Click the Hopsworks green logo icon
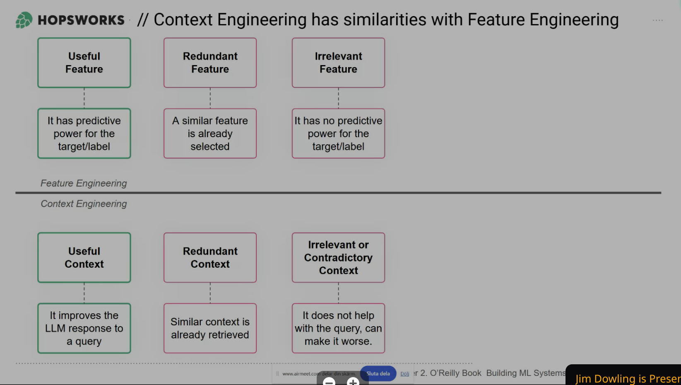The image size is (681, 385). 24,20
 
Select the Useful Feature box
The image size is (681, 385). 84,63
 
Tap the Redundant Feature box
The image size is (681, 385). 210,63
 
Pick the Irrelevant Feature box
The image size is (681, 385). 338,63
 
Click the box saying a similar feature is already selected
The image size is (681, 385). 210,133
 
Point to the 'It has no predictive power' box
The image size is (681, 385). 338,133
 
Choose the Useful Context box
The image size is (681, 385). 84,257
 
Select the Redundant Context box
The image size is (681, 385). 210,257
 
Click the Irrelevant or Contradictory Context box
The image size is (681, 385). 338,257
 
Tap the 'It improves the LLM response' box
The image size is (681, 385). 84,328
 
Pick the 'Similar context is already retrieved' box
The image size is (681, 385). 210,328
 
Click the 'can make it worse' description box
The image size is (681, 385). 338,328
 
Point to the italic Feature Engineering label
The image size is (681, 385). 84,183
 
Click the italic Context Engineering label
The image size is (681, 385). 84,204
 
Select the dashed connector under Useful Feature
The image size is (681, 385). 84,98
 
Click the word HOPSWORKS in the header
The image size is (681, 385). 81,20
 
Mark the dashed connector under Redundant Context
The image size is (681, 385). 210,293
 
